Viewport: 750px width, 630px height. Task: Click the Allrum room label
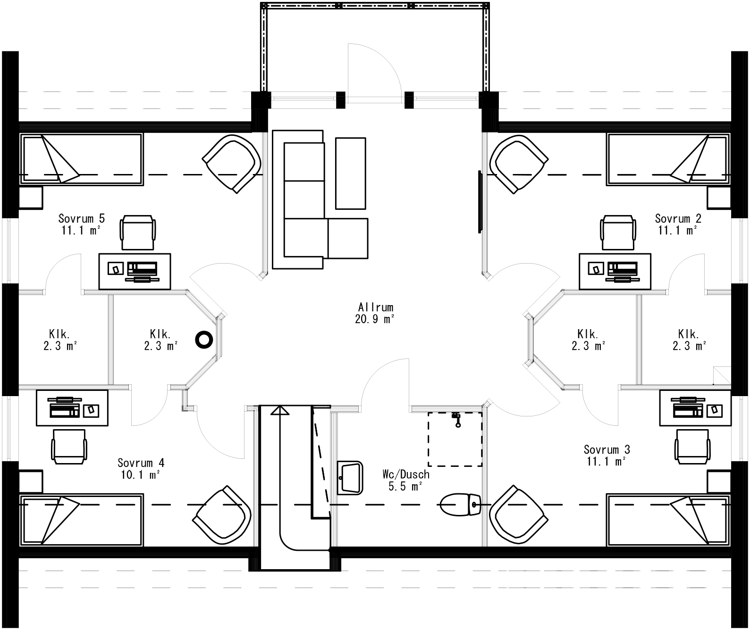tap(375, 307)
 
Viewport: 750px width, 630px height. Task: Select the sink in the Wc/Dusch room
tap(350, 477)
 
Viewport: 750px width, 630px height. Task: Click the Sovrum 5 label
tap(81, 218)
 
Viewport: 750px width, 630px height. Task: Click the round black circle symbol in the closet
tap(204, 339)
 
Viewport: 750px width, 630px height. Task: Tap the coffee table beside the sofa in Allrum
tap(350, 173)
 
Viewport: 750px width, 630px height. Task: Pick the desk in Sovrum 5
tap(135, 271)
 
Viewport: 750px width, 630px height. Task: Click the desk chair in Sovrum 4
tap(69, 446)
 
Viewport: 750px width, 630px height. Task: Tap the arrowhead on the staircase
tap(280, 410)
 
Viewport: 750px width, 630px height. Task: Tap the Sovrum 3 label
tap(606, 449)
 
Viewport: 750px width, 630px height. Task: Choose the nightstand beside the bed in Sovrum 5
tap(31, 198)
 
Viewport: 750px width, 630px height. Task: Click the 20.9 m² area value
tap(375, 319)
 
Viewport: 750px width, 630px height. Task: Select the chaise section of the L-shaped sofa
tap(347, 238)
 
